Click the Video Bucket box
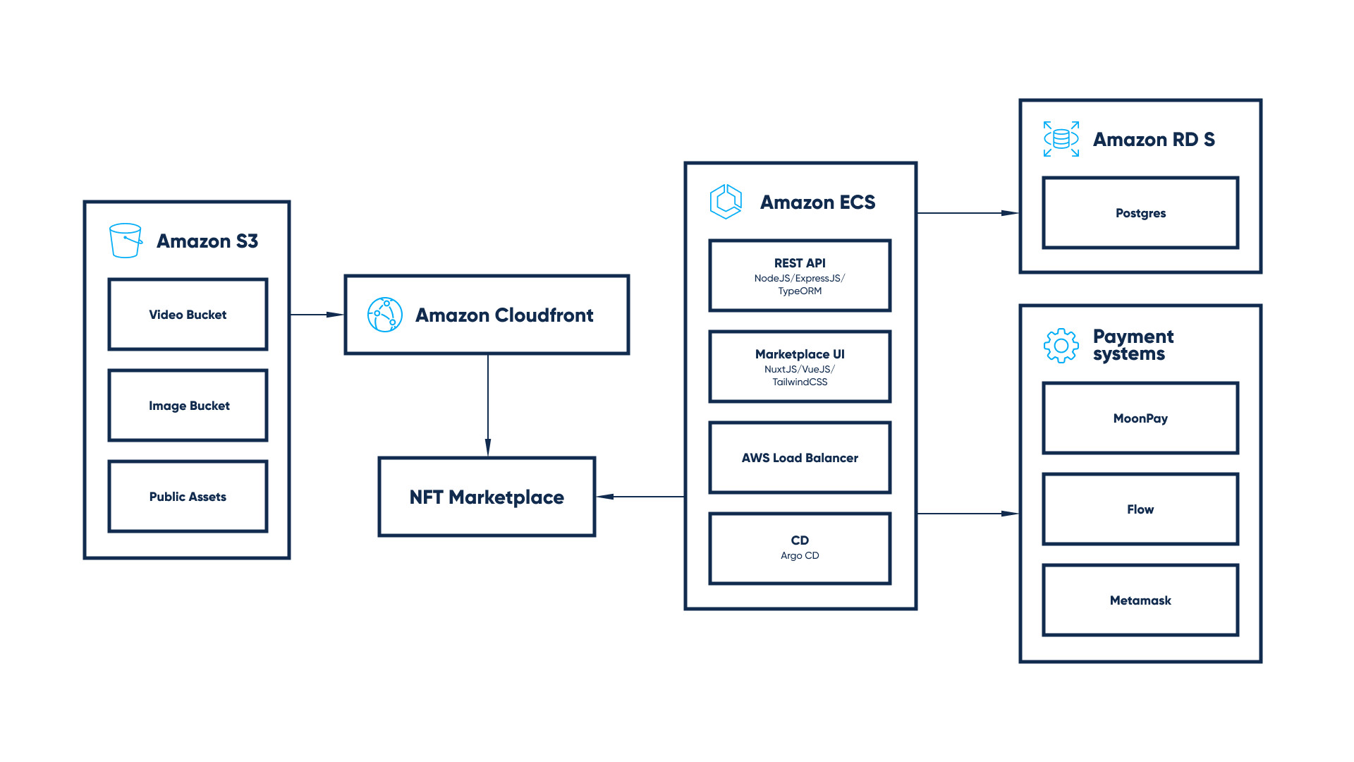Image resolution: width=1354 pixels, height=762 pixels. [188, 315]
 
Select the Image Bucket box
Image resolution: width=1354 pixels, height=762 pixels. [188, 406]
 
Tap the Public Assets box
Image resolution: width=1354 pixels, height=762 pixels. [188, 497]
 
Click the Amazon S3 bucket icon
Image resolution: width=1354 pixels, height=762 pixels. [126, 241]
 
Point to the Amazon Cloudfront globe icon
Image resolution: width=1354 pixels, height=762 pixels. [385, 315]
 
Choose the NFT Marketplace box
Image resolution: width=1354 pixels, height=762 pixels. [487, 497]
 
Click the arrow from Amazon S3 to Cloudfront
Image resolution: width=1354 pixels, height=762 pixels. [317, 315]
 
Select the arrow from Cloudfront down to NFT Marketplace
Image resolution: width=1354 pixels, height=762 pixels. [488, 405]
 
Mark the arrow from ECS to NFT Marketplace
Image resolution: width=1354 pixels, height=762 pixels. [640, 497]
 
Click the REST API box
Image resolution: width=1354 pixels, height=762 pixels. [800, 276]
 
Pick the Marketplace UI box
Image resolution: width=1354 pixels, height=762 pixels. [800, 367]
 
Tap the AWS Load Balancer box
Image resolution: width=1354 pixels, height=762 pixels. [800, 458]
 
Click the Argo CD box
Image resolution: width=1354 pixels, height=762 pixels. [800, 549]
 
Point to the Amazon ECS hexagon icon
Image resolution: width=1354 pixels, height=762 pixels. [726, 202]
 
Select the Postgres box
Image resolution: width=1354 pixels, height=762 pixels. [1140, 213]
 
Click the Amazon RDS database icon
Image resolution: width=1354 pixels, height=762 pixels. [1061, 139]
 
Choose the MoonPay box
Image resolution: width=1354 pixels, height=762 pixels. [1140, 418]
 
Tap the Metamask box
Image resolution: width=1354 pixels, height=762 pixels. [1140, 600]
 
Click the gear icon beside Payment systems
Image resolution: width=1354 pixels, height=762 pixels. [1061, 346]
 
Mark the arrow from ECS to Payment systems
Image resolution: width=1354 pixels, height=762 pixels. [968, 514]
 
